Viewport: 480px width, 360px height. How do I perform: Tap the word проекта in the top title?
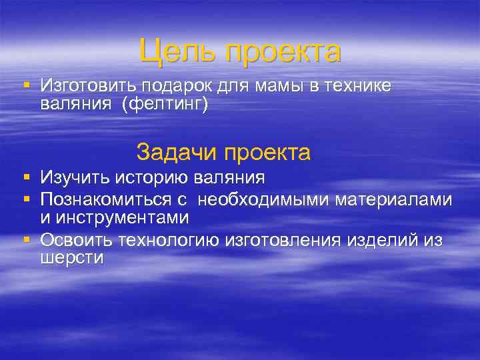click(x=283, y=51)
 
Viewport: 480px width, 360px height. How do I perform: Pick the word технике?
click(x=357, y=87)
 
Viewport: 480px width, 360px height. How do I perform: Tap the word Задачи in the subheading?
click(x=177, y=152)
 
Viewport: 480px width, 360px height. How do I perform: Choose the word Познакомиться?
click(x=99, y=199)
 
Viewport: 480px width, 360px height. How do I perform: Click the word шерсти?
click(x=71, y=259)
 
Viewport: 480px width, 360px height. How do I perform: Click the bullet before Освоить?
click(x=26, y=239)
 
